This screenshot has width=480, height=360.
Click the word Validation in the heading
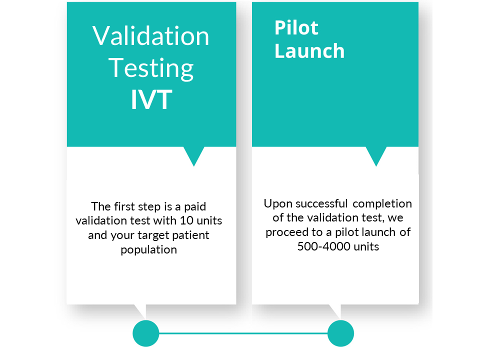[x=150, y=36]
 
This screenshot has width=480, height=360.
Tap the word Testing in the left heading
[x=151, y=68]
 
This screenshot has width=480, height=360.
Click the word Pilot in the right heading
[x=296, y=27]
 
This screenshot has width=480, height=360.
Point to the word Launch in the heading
[x=309, y=50]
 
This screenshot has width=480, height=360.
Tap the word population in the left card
[x=149, y=250]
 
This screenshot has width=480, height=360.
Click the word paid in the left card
[x=195, y=207]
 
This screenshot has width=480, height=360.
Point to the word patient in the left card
[x=190, y=235]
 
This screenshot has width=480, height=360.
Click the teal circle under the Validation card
[x=146, y=333]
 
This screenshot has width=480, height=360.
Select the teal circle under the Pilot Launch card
[x=340, y=333]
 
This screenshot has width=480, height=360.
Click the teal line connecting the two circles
[x=243, y=333]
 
